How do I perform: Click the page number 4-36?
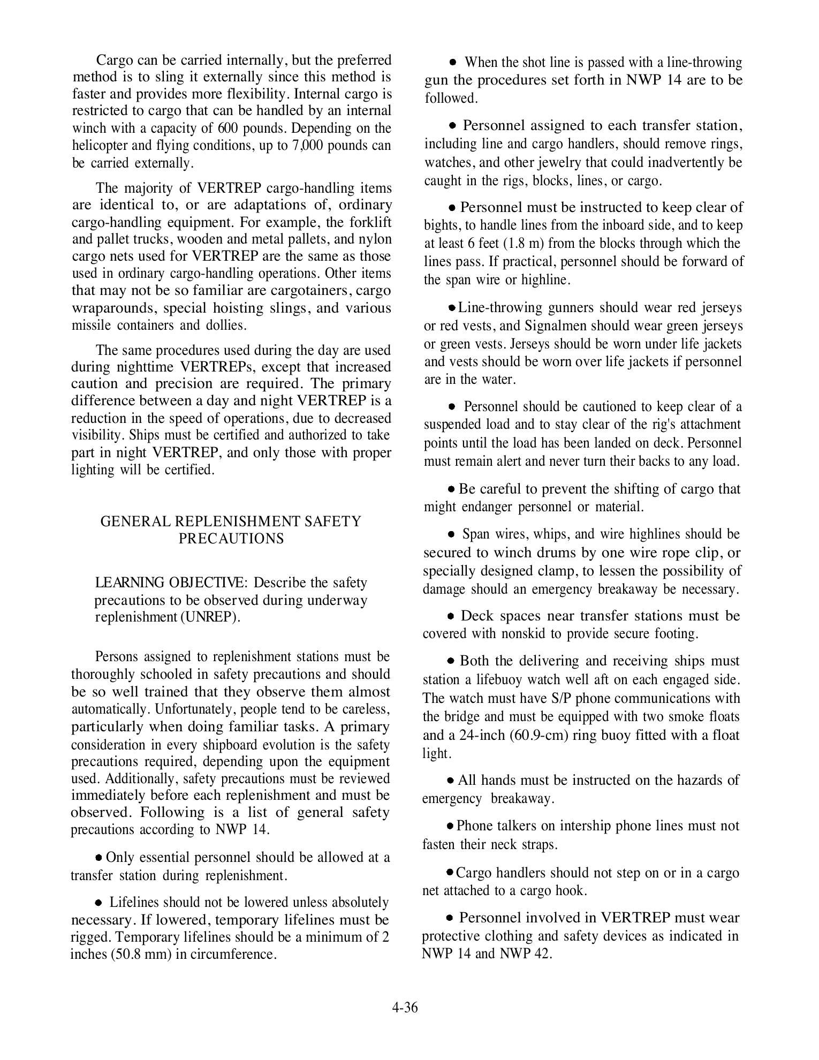(x=404, y=1008)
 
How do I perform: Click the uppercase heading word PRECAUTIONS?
(x=231, y=539)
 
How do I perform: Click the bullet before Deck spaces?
(x=452, y=616)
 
